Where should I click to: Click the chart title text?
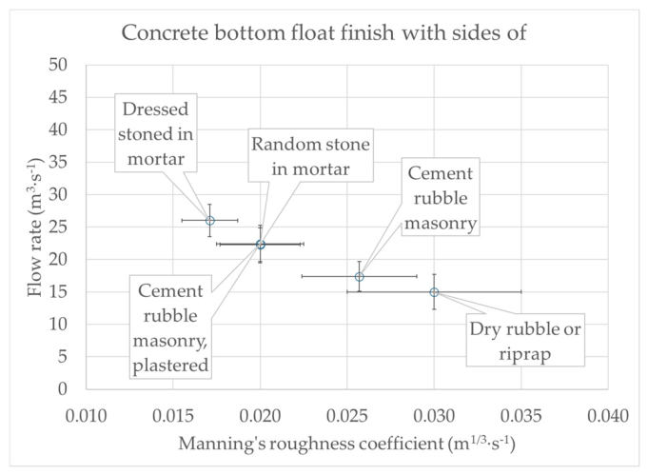tap(324, 32)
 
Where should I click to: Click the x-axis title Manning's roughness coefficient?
tap(346, 444)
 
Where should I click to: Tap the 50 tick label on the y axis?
tap(57, 65)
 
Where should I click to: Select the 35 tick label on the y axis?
tap(57, 162)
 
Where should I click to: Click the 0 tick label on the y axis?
tap(63, 388)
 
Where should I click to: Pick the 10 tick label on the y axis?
tap(57, 324)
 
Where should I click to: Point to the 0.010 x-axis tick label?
tap(86, 415)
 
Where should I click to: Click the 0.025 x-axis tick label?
tap(347, 415)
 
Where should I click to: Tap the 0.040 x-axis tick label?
tap(608, 415)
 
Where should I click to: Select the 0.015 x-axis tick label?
tap(173, 415)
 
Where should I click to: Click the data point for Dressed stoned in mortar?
tap(210, 220)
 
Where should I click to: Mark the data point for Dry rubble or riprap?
tap(434, 292)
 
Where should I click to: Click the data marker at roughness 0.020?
tap(261, 245)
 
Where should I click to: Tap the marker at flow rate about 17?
tap(360, 276)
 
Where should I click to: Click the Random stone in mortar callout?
tap(310, 155)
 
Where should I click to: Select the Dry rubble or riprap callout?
tap(525, 340)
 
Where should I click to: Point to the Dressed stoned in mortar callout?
tap(155, 132)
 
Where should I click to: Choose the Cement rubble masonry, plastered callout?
tap(170, 327)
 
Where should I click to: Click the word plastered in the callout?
tap(170, 365)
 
